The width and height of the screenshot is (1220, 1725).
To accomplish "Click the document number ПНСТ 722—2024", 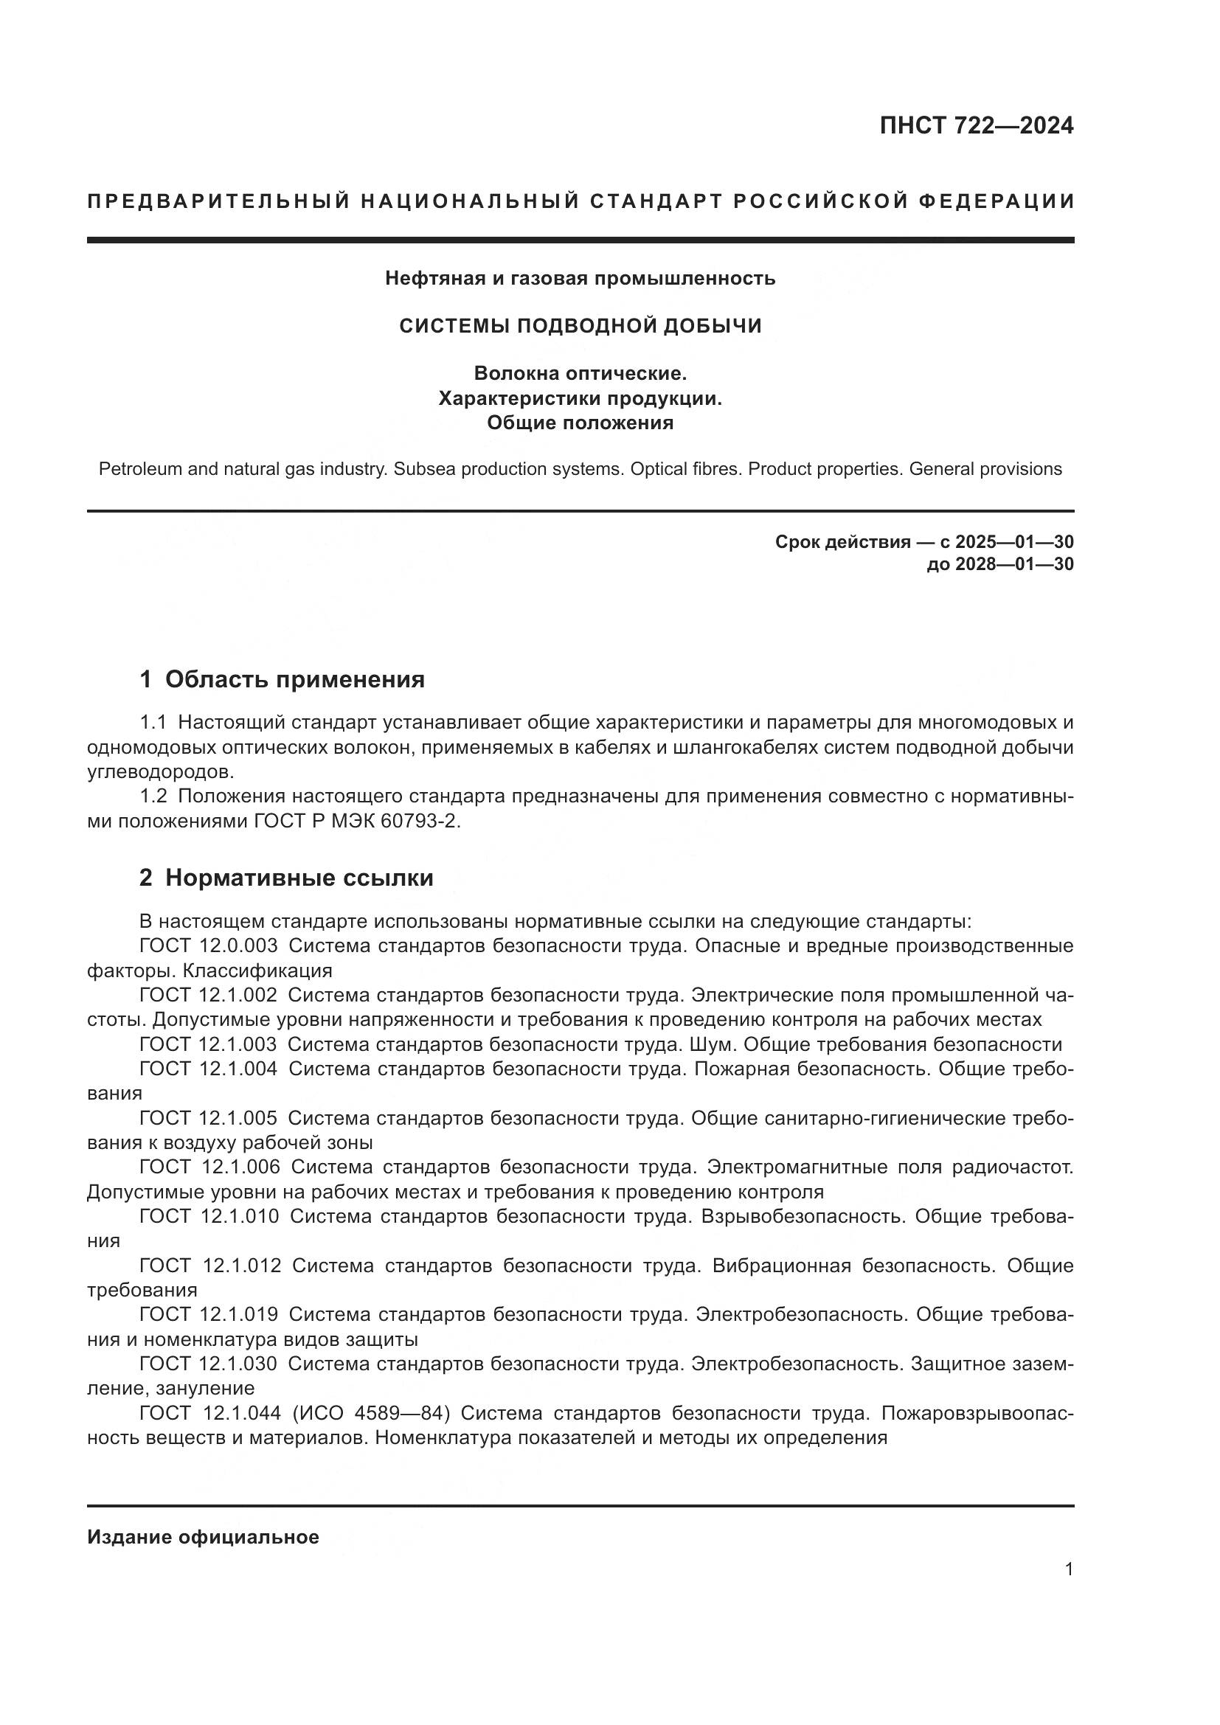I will (x=976, y=125).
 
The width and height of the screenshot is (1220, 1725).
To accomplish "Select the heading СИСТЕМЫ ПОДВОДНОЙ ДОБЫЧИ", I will (x=580, y=325).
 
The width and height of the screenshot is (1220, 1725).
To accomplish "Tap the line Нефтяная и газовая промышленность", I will (x=580, y=279).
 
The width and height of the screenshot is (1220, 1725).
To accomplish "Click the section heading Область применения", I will (x=294, y=680).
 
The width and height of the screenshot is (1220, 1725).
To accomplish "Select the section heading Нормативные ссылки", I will (x=299, y=878).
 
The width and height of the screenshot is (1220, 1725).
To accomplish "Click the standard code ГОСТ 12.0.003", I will (x=208, y=946).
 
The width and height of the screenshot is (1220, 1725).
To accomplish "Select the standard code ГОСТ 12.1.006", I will (x=209, y=1167).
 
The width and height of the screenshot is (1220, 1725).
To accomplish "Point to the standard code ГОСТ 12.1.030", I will (x=208, y=1364).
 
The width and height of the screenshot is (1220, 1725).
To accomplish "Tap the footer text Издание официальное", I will (x=203, y=1537).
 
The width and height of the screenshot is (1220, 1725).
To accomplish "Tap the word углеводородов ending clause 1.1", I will (x=160, y=772).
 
